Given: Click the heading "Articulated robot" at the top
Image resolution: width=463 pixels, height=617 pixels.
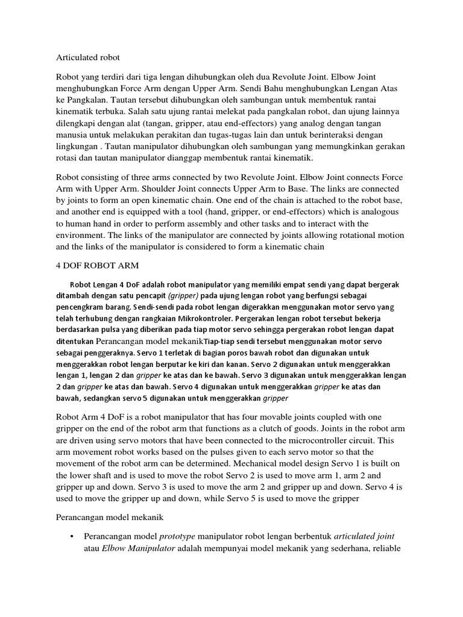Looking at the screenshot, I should tap(88, 58).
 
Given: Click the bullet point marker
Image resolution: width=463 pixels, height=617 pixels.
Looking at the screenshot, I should tap(72, 536).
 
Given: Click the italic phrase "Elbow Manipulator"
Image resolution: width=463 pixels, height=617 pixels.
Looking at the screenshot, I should tap(137, 548).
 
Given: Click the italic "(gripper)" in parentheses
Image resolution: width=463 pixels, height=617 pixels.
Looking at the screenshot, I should tap(186, 296).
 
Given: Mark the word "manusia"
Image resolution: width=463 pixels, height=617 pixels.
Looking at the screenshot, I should tap(74, 135).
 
